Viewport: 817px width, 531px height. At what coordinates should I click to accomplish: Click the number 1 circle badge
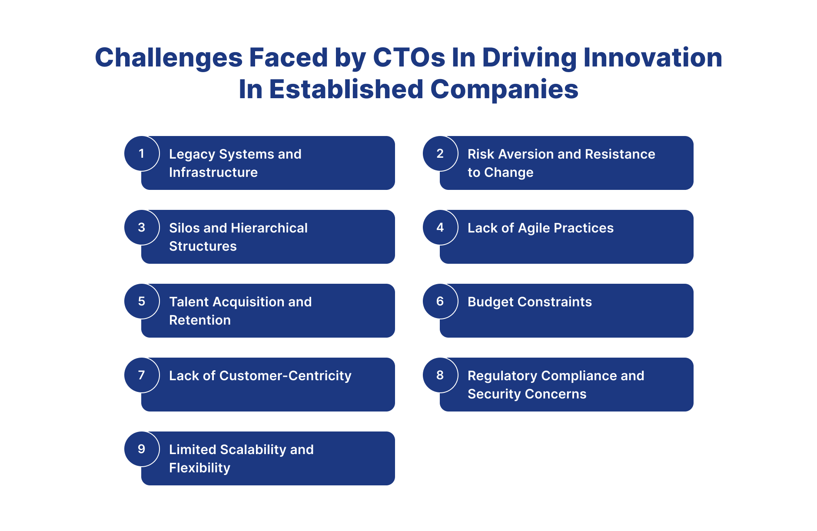(142, 153)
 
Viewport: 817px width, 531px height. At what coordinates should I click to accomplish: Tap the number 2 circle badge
(440, 153)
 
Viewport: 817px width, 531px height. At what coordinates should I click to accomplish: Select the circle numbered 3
(142, 227)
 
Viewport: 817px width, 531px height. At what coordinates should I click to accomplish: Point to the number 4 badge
(440, 227)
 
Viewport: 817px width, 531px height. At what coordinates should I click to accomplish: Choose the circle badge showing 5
(142, 301)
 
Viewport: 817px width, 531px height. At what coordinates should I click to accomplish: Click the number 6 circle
(440, 301)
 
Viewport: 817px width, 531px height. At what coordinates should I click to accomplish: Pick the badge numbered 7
(142, 375)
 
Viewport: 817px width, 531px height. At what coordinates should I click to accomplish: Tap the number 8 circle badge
(440, 375)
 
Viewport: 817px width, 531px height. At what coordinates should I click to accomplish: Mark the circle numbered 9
(142, 449)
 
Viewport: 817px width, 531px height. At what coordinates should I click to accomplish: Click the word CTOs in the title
(409, 57)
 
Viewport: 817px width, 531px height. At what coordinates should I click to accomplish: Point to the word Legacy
(192, 155)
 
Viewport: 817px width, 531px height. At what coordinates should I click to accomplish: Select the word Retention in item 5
(200, 320)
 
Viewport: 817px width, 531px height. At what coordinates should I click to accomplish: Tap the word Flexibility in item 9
(199, 468)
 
